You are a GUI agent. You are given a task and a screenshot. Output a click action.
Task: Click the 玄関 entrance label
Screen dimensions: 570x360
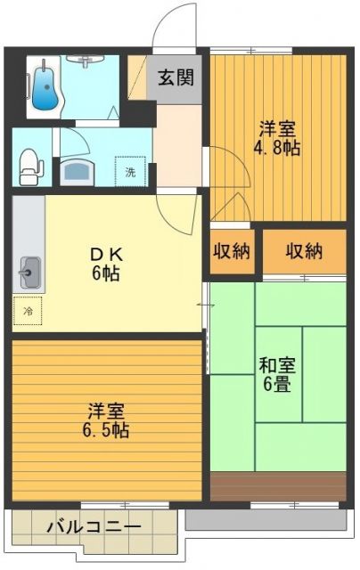point(176,77)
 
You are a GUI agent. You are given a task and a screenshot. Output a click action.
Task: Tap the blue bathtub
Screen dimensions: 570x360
point(43,85)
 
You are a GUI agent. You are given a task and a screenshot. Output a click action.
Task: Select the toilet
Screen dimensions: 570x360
point(30,163)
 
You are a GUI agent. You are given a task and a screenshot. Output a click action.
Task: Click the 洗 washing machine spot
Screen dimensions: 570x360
point(131,170)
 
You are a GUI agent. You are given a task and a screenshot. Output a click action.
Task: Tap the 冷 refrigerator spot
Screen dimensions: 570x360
point(28,311)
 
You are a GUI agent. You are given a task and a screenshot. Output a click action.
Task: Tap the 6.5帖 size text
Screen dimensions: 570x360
point(106,431)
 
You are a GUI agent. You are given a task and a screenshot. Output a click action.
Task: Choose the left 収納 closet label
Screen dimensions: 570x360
point(230,250)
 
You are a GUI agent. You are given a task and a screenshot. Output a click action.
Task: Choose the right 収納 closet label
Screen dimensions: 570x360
point(304,250)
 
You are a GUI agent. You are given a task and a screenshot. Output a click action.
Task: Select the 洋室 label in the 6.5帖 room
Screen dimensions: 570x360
point(106,411)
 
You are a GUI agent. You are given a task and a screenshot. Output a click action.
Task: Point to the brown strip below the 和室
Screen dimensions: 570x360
point(277,486)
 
